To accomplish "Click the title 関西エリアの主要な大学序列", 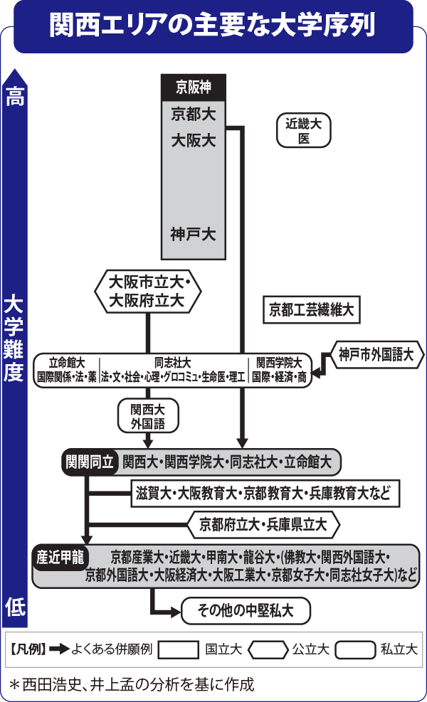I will click(213, 26).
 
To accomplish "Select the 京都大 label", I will click(194, 114).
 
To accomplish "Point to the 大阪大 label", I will click(194, 140).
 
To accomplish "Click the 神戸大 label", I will click(194, 233).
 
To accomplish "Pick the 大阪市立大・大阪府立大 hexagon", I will click(148, 290).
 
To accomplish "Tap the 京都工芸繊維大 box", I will click(311, 309).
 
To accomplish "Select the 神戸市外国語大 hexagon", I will click(376, 353).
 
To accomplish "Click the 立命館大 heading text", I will click(67, 362).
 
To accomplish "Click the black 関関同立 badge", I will click(90, 462).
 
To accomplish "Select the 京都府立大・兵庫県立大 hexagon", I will click(263, 525).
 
